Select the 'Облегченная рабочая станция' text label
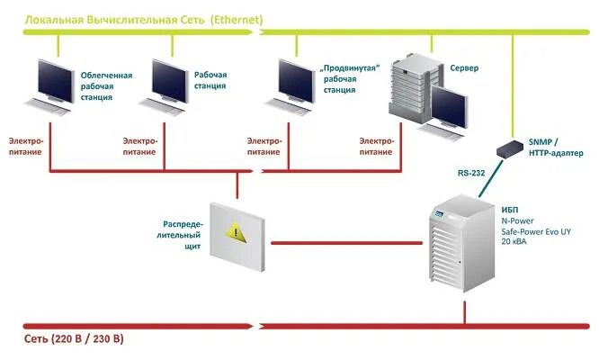[x=106, y=85]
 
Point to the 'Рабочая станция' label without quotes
[x=210, y=80]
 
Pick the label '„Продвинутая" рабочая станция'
[x=350, y=79]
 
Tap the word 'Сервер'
[x=464, y=69]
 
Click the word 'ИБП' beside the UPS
[x=510, y=210]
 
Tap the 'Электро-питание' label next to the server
[x=377, y=147]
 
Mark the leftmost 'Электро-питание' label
[x=26, y=147]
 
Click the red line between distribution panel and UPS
[x=346, y=242]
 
